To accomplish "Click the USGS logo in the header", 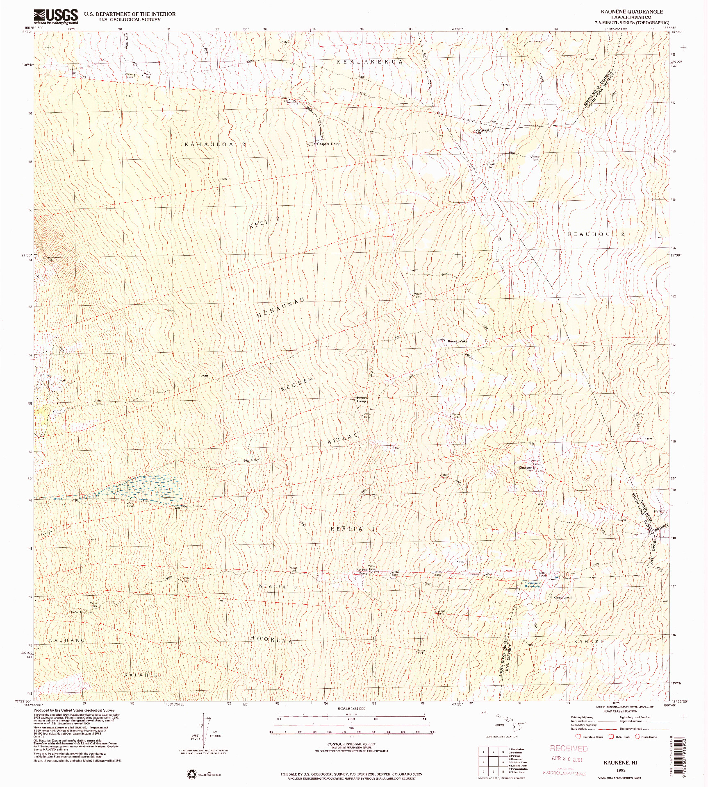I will (x=56, y=17).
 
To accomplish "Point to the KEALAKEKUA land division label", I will (x=369, y=61).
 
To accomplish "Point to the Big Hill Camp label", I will (x=362, y=572).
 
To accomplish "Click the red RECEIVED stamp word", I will (x=569, y=748).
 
